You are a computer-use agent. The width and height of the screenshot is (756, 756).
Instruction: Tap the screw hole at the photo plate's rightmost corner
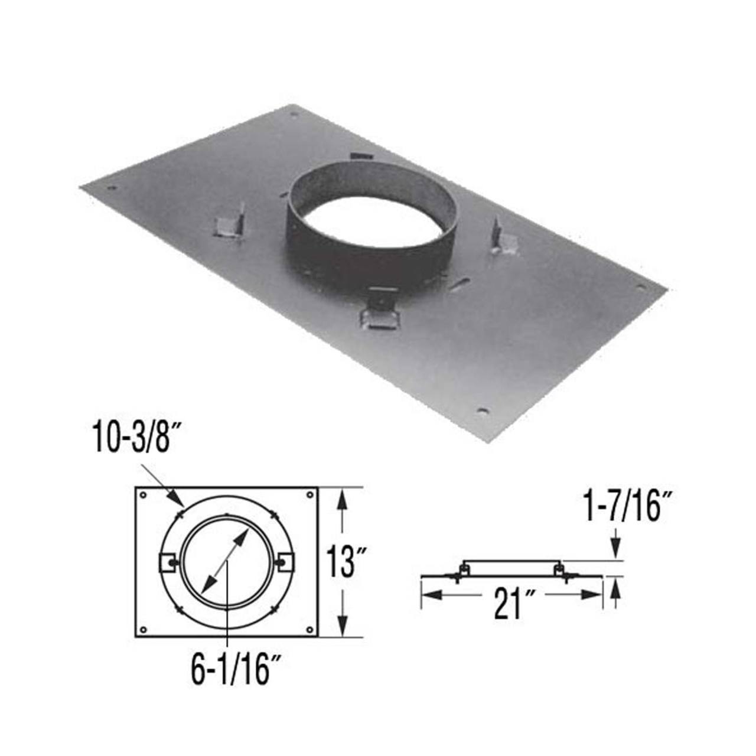tap(640, 288)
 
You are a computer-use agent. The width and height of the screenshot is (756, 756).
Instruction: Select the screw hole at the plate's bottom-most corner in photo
tap(483, 410)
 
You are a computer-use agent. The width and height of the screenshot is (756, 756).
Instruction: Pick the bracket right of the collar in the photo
tap(504, 239)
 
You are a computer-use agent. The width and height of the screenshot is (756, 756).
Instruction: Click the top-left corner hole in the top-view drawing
tap(144, 495)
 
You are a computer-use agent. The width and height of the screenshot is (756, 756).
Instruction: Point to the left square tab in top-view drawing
tap(168, 563)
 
